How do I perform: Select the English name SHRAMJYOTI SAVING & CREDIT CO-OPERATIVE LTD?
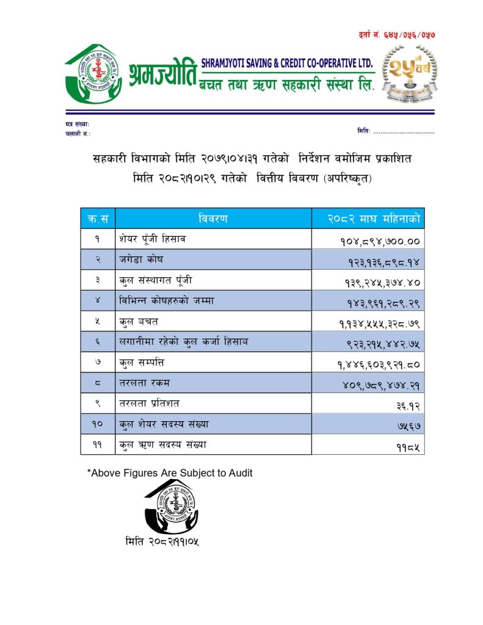[x=286, y=63]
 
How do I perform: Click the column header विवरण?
[x=213, y=218]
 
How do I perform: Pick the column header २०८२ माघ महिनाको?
[x=368, y=218]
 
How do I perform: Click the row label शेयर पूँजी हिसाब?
[x=152, y=239]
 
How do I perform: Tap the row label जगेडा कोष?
[x=141, y=259]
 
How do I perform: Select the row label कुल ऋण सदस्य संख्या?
[x=163, y=445]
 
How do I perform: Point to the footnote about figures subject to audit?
[x=170, y=472]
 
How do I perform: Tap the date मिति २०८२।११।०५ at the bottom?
[x=162, y=541]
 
